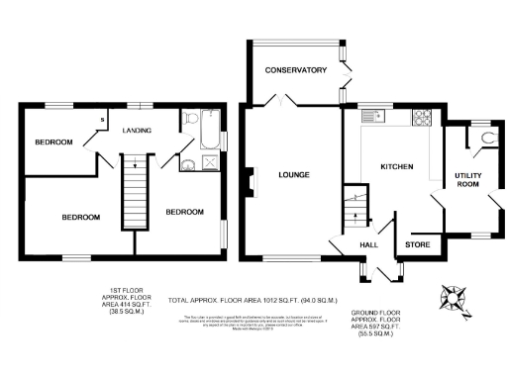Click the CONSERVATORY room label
(x=295, y=70)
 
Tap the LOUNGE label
(x=295, y=175)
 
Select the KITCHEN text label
(x=397, y=165)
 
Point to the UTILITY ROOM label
(x=467, y=179)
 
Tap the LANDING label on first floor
(x=136, y=131)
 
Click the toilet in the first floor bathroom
(x=188, y=165)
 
